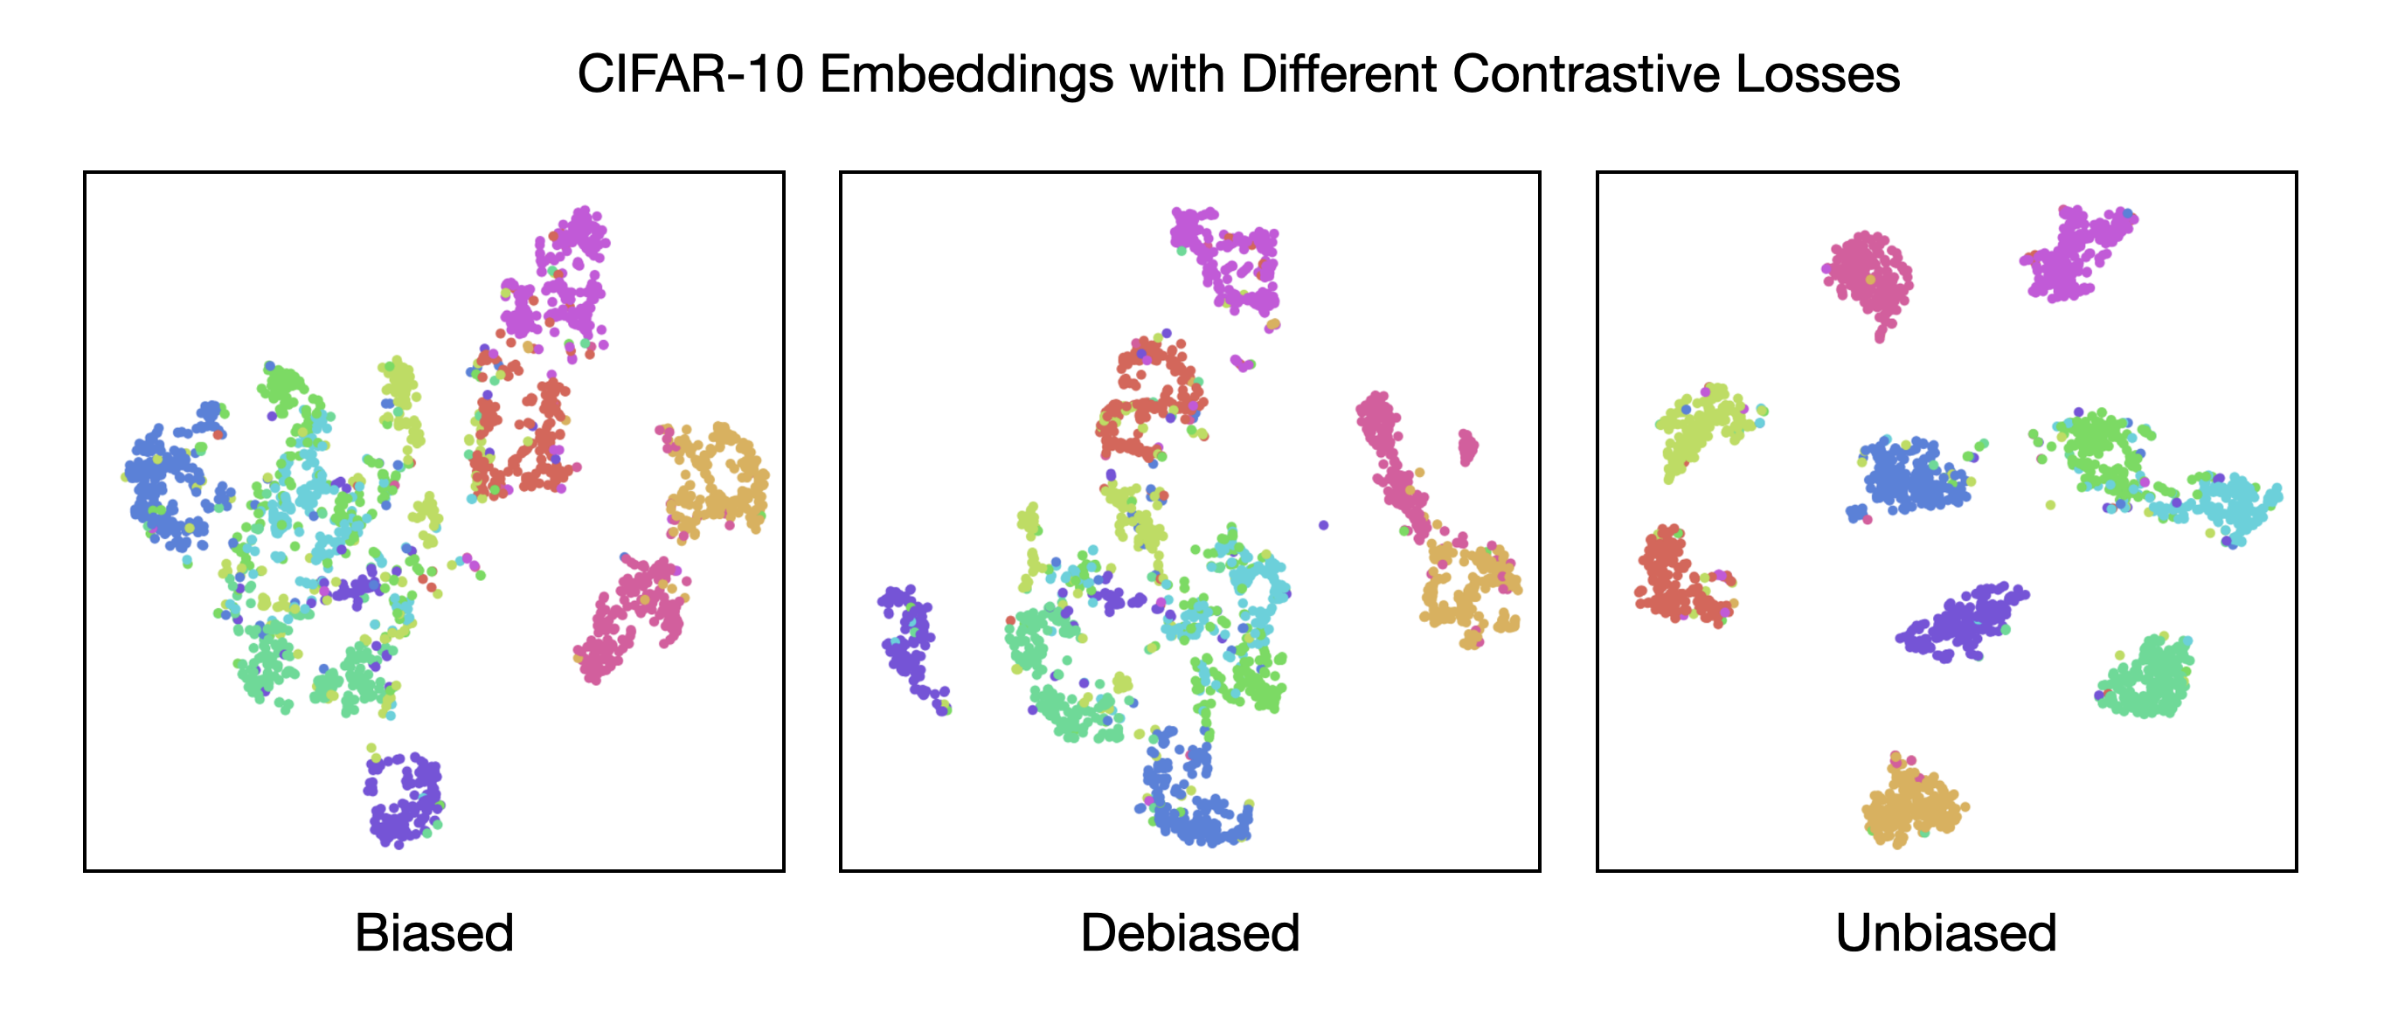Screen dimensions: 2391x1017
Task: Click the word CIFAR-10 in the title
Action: (x=690, y=74)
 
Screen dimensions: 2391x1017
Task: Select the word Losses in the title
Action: (x=1818, y=74)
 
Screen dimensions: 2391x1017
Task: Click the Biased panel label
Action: (x=434, y=932)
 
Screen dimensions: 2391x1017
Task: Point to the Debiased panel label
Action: (x=1190, y=932)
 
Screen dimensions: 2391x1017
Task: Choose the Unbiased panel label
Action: (x=1946, y=932)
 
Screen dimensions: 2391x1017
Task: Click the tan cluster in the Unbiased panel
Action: (x=1912, y=803)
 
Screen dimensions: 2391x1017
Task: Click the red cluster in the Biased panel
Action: (x=524, y=432)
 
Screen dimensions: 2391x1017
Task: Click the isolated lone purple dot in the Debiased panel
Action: (x=1324, y=525)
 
